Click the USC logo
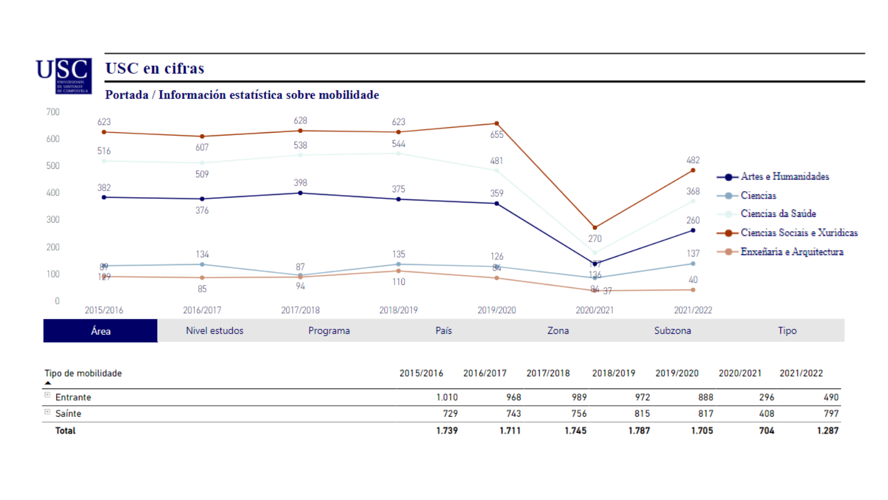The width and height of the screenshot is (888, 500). pos(64,76)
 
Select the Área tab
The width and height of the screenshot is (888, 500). pos(100,331)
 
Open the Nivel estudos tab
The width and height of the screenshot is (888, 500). pos(215,331)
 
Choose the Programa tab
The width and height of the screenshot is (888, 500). pos(329,331)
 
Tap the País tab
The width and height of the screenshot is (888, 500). pos(443,331)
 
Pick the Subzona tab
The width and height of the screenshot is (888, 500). pos(672,331)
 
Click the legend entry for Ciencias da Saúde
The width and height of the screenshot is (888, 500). pos(778,214)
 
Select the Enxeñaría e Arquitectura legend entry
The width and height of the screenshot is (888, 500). pos(791,252)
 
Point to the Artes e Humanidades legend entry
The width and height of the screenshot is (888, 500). pos(784,177)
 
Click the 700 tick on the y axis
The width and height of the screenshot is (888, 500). pos(53,112)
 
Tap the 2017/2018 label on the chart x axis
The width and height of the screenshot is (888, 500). pos(300,310)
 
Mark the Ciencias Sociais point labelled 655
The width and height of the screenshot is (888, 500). pos(497,123)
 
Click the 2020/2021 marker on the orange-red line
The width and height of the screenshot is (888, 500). pos(595,227)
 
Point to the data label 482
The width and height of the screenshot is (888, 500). pos(693,160)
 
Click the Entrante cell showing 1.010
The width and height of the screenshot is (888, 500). pos(447,397)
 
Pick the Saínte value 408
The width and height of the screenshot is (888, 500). pos(766,413)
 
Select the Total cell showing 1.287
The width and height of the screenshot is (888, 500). pos(828,431)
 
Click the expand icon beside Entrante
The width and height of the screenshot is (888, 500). pos(47,395)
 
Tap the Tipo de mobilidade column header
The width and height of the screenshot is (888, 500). pos(83,373)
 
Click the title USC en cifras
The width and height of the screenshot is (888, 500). pos(155,68)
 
